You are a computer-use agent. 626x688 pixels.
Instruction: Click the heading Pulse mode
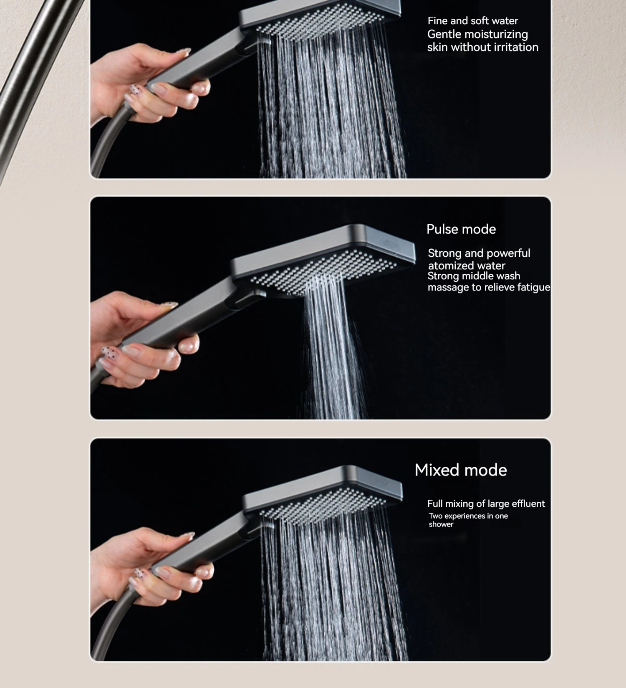[x=461, y=229]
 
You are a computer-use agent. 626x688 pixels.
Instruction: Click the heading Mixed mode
[x=460, y=470]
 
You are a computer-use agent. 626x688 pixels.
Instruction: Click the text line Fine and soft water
[x=472, y=21]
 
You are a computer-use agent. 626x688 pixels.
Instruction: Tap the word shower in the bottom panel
[x=441, y=524]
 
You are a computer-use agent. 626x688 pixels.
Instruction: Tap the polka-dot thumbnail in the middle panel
[x=109, y=353]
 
